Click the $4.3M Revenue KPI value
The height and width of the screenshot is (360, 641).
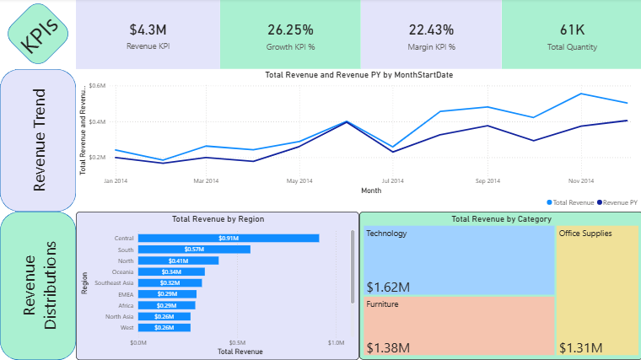(148, 30)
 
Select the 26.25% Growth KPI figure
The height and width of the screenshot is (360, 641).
(290, 30)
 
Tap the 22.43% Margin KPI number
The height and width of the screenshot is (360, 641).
(430, 30)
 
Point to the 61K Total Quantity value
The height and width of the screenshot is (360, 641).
(572, 30)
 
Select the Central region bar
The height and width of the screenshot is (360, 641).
(229, 239)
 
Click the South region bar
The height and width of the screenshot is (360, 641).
(194, 250)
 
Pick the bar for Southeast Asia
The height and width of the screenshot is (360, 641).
(170, 282)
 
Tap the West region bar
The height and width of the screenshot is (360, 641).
(164, 327)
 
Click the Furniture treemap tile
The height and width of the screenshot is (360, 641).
(459, 325)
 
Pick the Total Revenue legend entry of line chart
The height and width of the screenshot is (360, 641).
(571, 203)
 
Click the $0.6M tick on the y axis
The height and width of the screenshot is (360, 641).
(96, 86)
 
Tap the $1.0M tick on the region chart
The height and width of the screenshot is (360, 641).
(336, 343)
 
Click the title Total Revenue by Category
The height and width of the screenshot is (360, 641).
(501, 219)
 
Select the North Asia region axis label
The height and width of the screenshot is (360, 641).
(119, 316)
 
